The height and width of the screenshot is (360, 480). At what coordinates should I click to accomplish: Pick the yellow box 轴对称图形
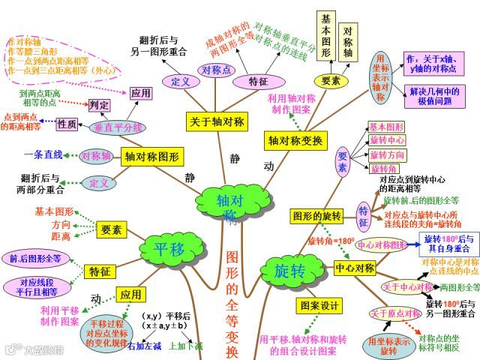(x=153, y=157)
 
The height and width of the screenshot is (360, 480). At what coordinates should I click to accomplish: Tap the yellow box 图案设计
(x=319, y=306)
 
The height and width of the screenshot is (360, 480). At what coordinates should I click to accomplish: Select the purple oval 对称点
(x=216, y=70)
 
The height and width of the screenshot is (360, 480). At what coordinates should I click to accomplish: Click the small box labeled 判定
(x=99, y=105)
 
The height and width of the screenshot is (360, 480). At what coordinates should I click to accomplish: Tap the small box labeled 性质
(x=67, y=124)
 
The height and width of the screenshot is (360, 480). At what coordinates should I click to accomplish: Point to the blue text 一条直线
(x=43, y=154)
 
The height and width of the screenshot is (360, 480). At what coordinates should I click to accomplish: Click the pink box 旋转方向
(x=387, y=155)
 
